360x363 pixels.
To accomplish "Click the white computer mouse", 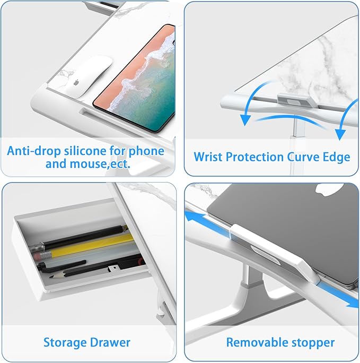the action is click(x=89, y=76).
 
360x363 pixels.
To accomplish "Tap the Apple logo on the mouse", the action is click(x=76, y=83).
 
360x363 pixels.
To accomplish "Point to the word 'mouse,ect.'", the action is click(x=100, y=164).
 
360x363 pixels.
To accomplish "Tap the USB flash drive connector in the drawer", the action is click(x=114, y=269).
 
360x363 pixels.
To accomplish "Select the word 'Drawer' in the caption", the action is click(x=110, y=342).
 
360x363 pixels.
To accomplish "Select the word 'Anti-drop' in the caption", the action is click(x=34, y=151).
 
